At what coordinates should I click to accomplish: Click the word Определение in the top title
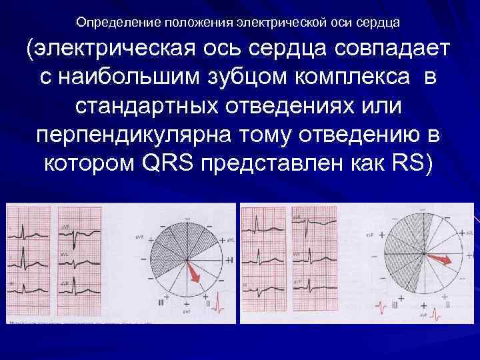coord(113,23)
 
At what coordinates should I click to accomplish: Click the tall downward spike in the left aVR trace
coord(83,237)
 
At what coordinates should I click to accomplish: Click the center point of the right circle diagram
coord(423,253)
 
